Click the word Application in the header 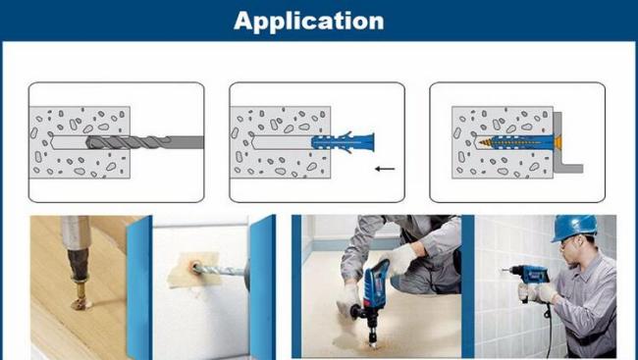tap(309, 21)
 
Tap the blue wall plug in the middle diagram tap(343, 143)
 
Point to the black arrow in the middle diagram tap(385, 169)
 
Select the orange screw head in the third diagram tap(558, 142)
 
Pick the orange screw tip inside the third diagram tap(485, 143)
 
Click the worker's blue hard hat tap(574, 227)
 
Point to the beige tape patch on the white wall tap(194, 270)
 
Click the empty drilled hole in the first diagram tap(68, 142)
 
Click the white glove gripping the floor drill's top tap(396, 259)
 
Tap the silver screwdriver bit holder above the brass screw tap(77, 231)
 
